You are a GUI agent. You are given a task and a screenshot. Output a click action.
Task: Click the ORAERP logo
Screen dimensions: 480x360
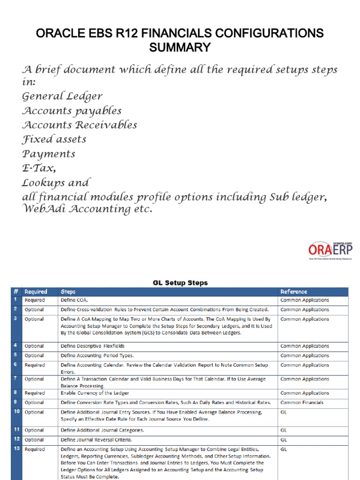pos(330,250)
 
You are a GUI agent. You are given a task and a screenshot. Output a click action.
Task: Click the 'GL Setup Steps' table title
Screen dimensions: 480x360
pos(180,283)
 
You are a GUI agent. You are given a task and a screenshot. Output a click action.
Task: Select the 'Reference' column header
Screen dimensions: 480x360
pos(294,292)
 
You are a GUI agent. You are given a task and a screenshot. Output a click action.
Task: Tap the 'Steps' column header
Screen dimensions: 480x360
pos(68,292)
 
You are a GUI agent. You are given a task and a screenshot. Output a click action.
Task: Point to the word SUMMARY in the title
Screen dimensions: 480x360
pos(180,47)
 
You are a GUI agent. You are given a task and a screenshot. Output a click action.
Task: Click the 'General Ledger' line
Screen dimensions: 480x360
pos(62,97)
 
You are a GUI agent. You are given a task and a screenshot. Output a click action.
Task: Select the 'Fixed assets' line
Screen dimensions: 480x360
pos(54,139)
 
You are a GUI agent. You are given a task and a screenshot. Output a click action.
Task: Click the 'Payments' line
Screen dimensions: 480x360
pos(49,154)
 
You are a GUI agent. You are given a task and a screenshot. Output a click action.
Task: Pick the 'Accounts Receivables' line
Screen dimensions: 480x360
pos(80,125)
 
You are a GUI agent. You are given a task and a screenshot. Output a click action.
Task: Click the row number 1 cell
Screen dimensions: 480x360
pos(15,300)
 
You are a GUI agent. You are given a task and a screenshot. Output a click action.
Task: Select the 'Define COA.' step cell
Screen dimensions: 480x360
pos(75,300)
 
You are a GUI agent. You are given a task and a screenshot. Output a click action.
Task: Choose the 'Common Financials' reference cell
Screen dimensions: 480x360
pos(301,402)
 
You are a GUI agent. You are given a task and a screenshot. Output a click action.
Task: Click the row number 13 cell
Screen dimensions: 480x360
pos(16,449)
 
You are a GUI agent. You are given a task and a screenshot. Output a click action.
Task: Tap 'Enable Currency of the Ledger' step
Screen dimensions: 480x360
pos(95,393)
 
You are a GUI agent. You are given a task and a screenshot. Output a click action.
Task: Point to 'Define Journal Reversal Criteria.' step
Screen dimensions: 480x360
pos(96,440)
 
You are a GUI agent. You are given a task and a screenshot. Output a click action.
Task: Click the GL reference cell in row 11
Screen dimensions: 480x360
pos(284,430)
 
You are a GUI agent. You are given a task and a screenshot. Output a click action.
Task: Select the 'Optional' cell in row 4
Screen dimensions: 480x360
pos(34,346)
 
